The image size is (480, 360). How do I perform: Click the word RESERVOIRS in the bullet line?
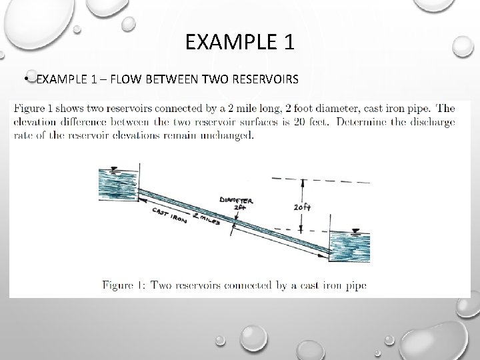266,80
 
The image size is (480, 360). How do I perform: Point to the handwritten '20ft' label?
302,207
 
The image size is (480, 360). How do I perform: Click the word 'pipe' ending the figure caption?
356,286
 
